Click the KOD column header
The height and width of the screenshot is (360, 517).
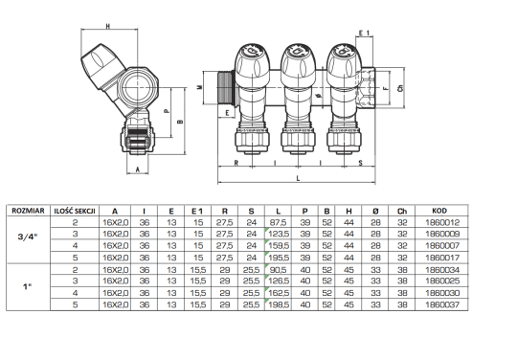(x=439, y=211)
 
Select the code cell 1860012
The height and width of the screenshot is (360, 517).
(x=442, y=222)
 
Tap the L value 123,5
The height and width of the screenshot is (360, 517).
(x=279, y=234)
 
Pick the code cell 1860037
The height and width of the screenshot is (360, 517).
(x=442, y=304)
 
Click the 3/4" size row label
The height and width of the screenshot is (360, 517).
(x=28, y=236)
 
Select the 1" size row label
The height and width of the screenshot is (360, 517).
(x=27, y=286)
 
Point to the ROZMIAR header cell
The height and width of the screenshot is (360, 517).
(x=28, y=211)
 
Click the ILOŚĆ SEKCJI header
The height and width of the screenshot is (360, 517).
(x=75, y=211)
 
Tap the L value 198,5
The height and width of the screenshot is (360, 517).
(x=279, y=304)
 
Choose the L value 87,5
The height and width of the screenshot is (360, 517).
(x=279, y=222)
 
